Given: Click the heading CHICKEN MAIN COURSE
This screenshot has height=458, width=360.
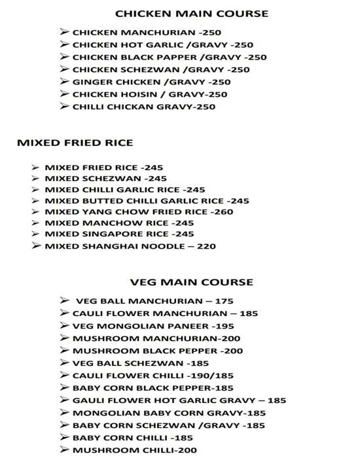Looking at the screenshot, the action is click(191, 14).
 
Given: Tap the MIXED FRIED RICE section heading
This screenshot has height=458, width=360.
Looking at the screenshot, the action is click(75, 143).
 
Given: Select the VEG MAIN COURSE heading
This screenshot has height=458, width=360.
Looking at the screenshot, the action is click(191, 283).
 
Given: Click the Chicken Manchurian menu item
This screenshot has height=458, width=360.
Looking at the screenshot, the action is click(147, 32).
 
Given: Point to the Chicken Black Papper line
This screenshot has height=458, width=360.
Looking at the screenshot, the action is click(170, 57).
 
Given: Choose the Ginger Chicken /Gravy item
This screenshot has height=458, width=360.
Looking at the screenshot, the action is click(151, 82).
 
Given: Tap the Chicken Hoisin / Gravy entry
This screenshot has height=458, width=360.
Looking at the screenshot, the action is click(150, 94).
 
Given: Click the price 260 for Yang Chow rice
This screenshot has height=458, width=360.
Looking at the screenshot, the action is click(223, 212).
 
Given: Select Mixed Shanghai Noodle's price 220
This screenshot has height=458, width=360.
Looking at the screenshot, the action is click(206, 247).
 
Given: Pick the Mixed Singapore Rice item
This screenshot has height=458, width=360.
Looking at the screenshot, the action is click(119, 234).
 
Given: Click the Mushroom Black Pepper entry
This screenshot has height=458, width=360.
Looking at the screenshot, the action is click(158, 351).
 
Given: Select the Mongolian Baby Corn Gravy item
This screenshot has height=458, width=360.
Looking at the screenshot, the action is click(169, 413).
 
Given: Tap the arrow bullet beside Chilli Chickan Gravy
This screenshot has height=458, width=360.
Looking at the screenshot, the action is click(64, 106).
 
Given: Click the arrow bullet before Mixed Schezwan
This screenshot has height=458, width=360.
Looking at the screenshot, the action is click(36, 178).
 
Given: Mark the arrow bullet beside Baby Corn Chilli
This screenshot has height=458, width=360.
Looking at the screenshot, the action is click(64, 437).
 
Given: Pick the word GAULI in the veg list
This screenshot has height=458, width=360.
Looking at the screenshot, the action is click(86, 400).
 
